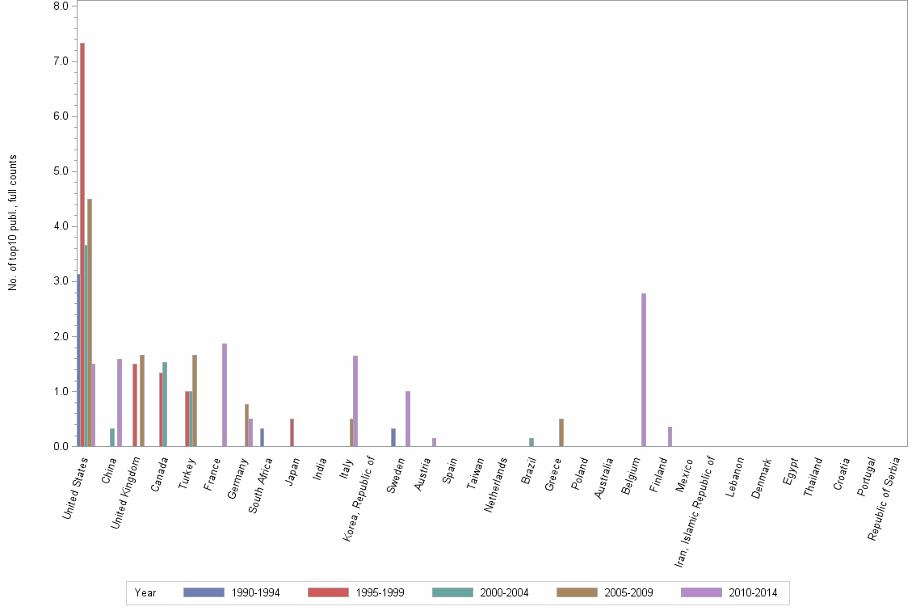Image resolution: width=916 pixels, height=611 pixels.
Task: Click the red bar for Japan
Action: [x=292, y=432]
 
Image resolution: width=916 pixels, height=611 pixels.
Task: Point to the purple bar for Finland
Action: [x=670, y=436]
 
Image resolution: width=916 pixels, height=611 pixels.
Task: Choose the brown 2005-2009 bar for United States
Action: [x=90, y=322]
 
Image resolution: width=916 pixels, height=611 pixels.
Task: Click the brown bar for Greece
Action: [x=561, y=432]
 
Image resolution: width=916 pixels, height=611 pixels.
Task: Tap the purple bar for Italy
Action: [x=355, y=401]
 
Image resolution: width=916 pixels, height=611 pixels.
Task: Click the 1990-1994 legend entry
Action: [x=232, y=593]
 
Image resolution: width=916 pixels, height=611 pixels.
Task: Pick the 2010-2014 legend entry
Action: [x=729, y=593]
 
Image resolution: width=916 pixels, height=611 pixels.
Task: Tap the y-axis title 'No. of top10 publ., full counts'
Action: [x=13, y=223]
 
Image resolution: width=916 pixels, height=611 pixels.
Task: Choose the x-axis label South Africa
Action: [x=261, y=490]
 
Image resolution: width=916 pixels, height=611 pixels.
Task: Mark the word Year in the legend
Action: [x=145, y=593]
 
